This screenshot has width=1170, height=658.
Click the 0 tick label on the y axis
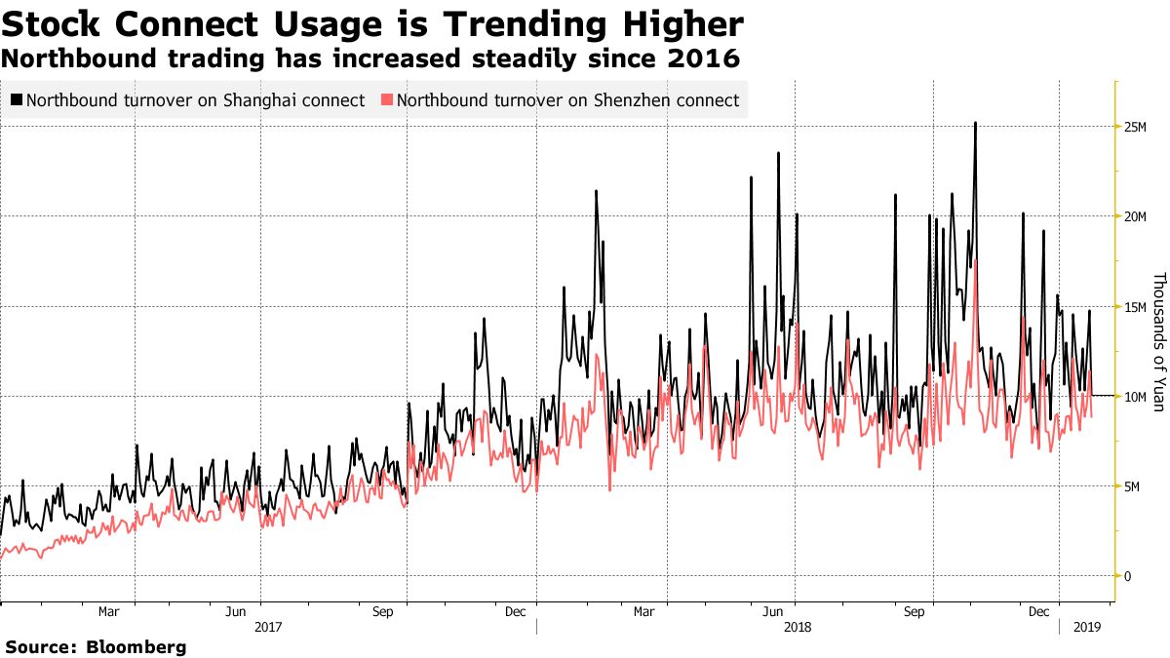pos(1127,576)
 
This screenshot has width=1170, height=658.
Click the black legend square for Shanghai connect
pos(17,100)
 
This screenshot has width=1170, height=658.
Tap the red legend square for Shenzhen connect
pos(387,100)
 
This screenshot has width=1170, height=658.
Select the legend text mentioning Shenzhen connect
pos(567,100)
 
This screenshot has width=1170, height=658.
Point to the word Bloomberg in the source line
pos(136,646)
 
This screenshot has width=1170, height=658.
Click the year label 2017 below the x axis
pos(268,629)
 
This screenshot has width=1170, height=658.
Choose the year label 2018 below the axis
pos(798,629)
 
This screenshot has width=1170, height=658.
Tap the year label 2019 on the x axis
pos(1086,629)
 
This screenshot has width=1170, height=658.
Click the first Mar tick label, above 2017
pos(109,612)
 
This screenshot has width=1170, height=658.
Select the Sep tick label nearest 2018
pos(915,612)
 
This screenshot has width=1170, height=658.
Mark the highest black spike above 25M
pos(975,124)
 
